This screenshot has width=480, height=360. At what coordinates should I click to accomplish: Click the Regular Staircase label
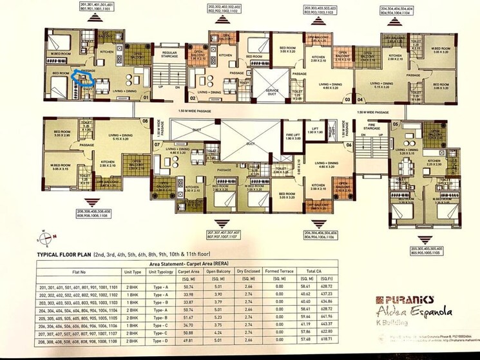(169, 55)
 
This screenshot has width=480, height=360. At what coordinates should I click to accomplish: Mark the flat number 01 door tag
(146, 99)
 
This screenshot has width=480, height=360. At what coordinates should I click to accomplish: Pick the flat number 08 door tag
(145, 120)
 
